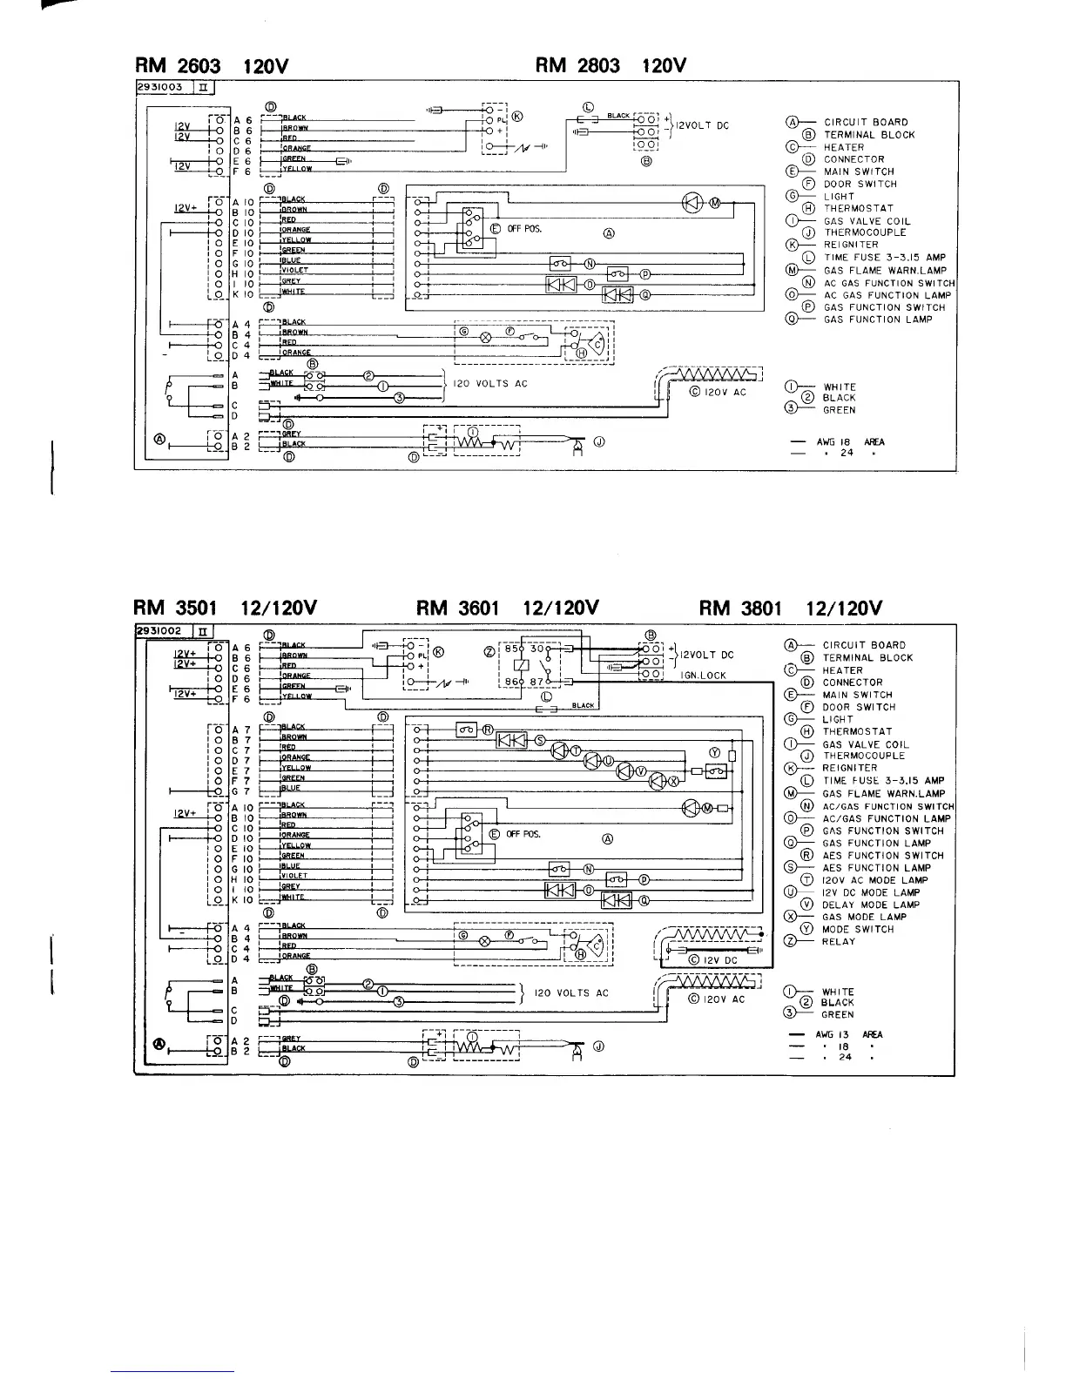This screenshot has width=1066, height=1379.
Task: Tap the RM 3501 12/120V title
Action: click(226, 608)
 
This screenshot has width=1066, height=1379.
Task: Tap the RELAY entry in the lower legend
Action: click(839, 941)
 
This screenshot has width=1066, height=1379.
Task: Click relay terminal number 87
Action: click(536, 682)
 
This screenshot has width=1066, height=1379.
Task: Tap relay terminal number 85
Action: click(512, 648)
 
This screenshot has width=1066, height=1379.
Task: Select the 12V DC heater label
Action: click(719, 960)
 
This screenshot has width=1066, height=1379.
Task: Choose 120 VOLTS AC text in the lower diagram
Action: click(571, 992)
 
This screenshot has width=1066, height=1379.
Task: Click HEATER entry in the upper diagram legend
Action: click(843, 147)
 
